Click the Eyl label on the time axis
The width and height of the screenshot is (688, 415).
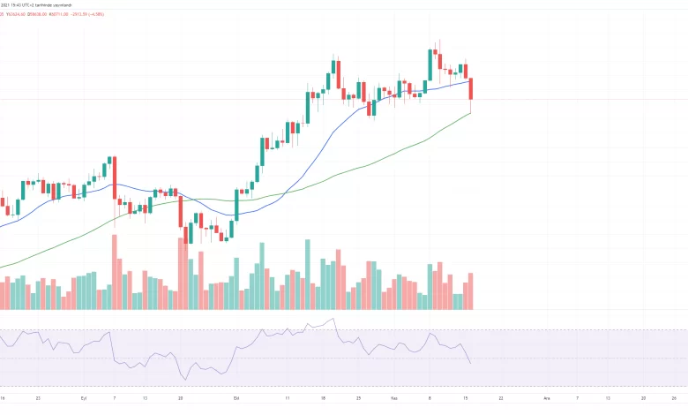point(85,398)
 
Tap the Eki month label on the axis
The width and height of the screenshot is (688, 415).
point(236,398)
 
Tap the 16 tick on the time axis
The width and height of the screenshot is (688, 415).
point(2,398)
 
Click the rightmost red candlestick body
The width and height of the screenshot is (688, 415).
point(472,88)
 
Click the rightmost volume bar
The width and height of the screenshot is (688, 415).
point(472,290)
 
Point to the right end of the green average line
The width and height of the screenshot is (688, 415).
point(472,112)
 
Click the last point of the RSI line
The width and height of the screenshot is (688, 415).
point(471,363)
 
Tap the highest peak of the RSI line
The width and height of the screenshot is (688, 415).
point(333,319)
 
